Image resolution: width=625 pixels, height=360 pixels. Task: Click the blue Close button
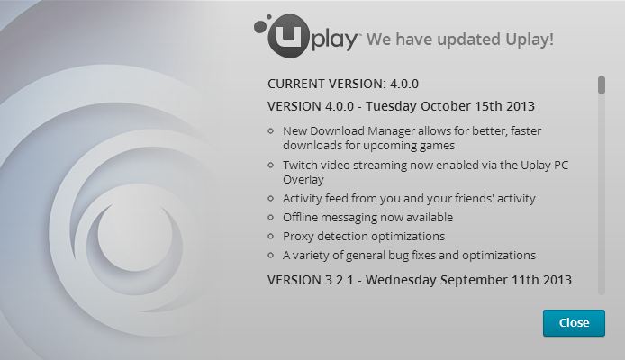point(574,322)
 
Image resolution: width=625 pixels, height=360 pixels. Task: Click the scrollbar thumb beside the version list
point(602,85)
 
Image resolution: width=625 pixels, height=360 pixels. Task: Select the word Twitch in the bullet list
point(300,165)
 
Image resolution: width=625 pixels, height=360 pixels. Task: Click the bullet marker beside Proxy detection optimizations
point(271,236)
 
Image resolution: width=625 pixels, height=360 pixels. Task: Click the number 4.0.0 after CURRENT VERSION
point(403,84)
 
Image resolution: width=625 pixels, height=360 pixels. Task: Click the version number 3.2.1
point(340,280)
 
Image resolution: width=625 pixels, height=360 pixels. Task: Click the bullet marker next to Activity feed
point(271,198)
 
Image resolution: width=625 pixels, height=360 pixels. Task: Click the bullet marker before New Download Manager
point(271,130)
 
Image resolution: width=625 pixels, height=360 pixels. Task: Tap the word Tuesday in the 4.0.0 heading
point(391,106)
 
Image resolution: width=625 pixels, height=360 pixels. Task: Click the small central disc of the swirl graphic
point(135,234)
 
